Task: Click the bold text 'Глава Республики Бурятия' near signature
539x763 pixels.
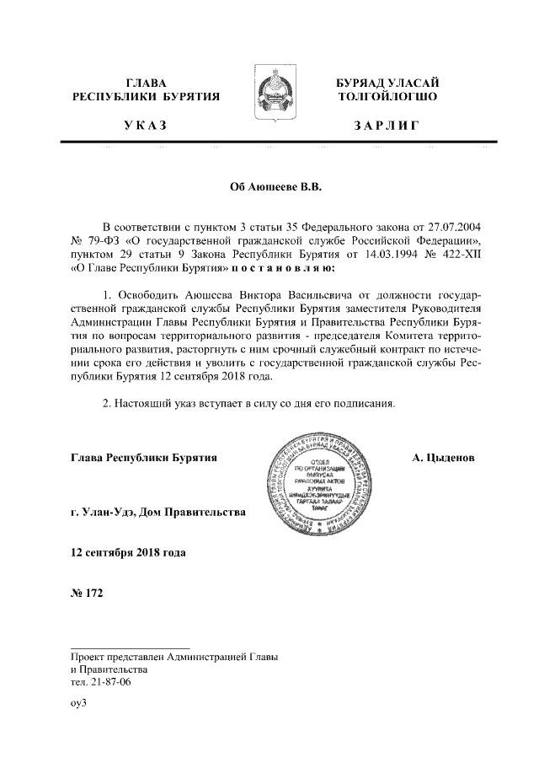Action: (x=145, y=457)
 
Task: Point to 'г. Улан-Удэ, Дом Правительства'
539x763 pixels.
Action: (x=158, y=512)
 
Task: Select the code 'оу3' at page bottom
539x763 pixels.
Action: (x=79, y=701)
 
